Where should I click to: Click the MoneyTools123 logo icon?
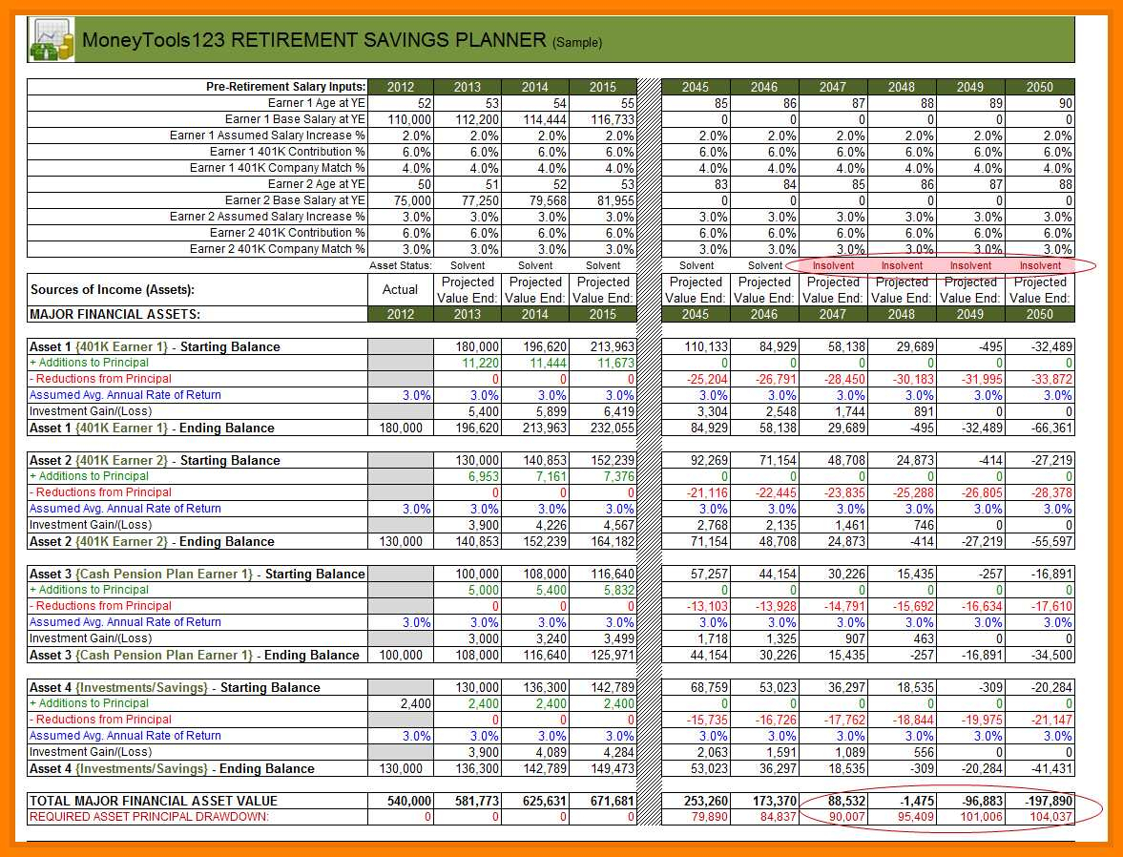(x=51, y=39)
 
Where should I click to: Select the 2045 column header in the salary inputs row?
(x=696, y=87)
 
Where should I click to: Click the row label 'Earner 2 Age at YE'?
(x=317, y=184)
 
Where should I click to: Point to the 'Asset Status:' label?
(x=401, y=266)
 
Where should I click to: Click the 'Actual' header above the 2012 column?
(x=401, y=289)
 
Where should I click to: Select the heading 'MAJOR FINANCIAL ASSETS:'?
(x=114, y=314)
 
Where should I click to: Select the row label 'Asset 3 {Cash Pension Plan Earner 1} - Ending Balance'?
(x=195, y=656)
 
